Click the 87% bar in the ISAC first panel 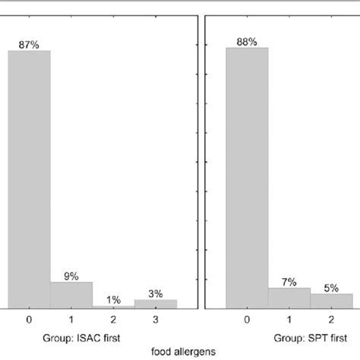tap(29, 178)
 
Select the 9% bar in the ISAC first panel tap(71, 295)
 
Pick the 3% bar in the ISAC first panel tap(156, 303)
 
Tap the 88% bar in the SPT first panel tap(247, 177)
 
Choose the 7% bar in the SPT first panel tap(289, 298)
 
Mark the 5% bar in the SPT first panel tap(331, 300)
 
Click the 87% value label tap(29, 45)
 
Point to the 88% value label tap(247, 42)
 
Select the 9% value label tap(71, 276)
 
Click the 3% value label tap(156, 293)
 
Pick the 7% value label tap(289, 282)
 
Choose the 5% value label tap(331, 287)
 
